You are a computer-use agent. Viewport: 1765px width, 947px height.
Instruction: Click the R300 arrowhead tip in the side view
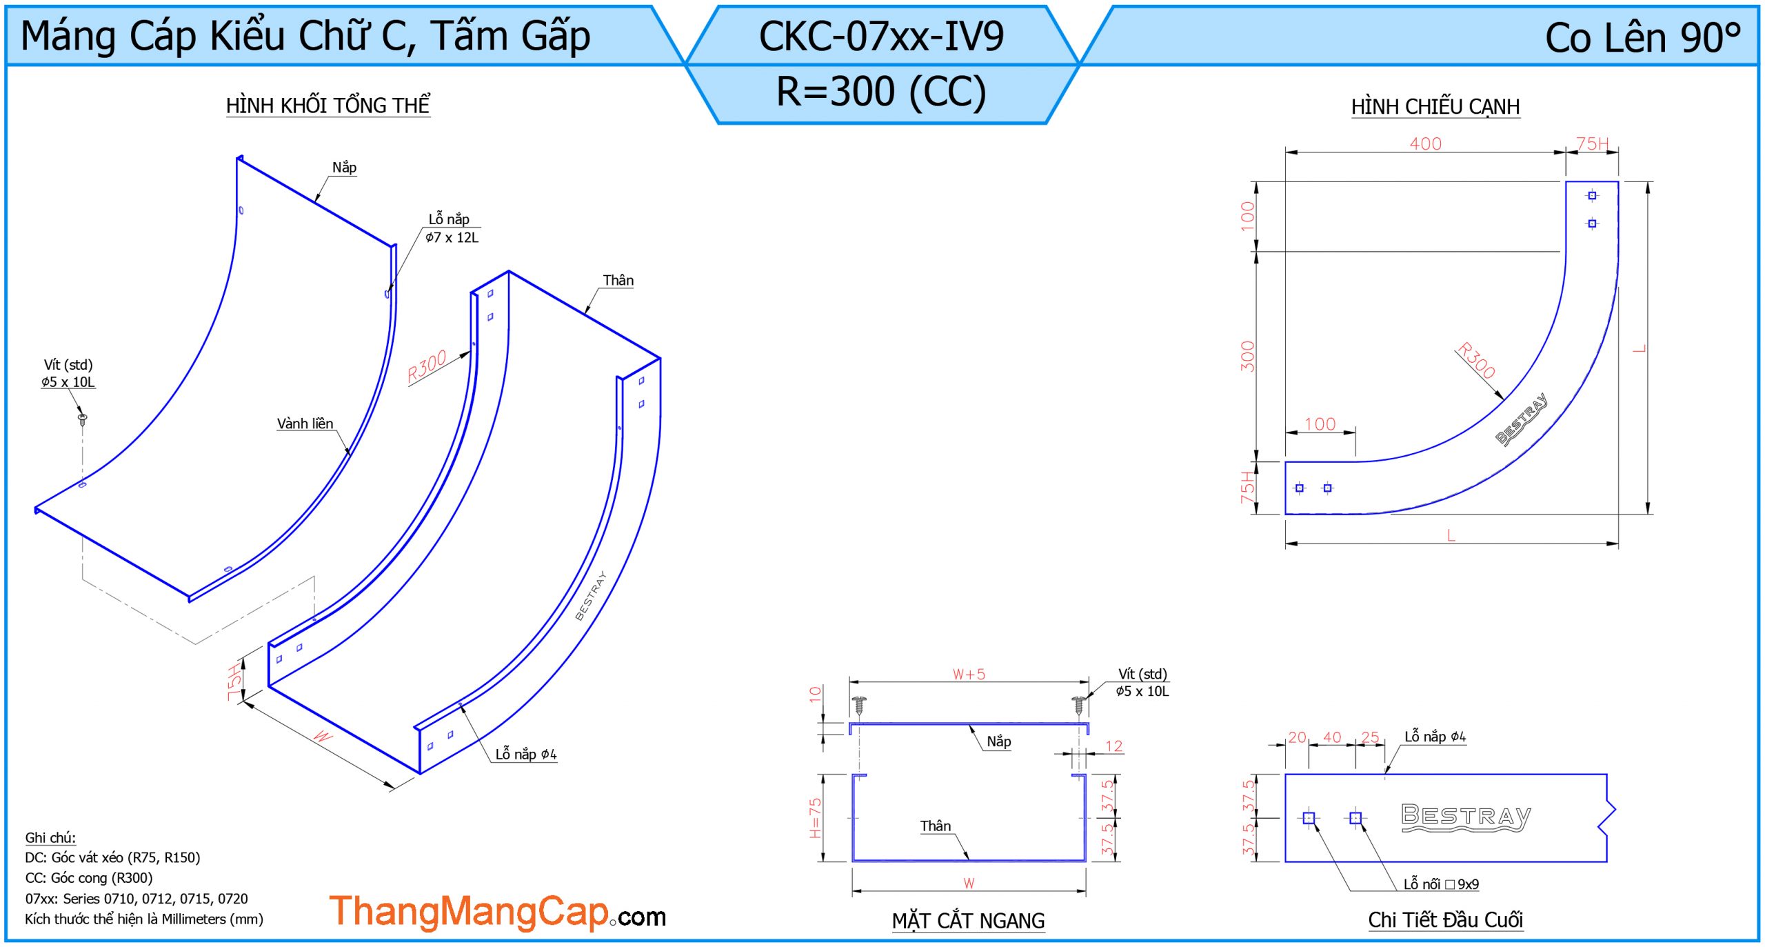coord(1503,399)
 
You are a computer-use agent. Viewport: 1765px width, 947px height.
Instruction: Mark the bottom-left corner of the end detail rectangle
coord(1285,861)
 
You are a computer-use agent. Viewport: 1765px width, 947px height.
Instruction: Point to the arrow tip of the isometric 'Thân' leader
coord(585,315)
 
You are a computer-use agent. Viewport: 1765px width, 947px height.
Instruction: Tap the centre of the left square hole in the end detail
coord(1309,818)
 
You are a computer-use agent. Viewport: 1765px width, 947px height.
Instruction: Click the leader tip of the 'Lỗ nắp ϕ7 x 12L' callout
coord(388,295)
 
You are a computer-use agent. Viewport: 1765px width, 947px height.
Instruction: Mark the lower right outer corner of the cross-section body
coord(1086,861)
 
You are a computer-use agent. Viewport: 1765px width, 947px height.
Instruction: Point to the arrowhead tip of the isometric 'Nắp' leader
coord(316,201)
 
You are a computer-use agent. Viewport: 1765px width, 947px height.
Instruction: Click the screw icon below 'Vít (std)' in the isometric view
coord(82,418)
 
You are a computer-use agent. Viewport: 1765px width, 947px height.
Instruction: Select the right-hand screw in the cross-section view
coord(1079,705)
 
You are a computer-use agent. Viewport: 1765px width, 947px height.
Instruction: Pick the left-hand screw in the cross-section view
coord(859,705)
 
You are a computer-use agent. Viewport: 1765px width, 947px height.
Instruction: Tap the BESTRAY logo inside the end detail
coord(1466,818)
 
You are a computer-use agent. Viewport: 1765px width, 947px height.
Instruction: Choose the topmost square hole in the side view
coord(1592,196)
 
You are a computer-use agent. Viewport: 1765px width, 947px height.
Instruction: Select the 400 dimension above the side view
coord(1425,143)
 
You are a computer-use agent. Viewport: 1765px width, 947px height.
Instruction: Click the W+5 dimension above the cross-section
coord(969,674)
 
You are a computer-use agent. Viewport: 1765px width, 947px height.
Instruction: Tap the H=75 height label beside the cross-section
coord(815,818)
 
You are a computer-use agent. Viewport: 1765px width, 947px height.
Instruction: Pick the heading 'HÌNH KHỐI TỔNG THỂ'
coord(328,106)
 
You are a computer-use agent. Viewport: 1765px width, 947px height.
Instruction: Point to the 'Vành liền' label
coord(305,423)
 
